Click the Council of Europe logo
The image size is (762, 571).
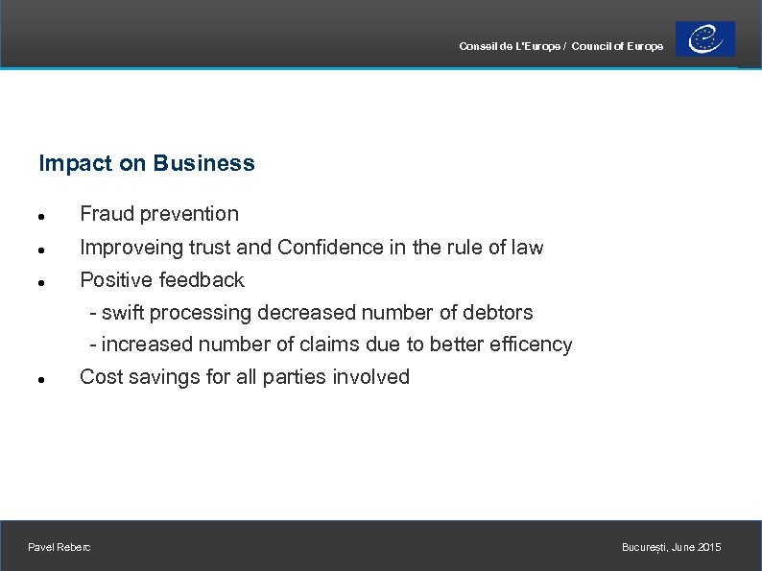pos(705,39)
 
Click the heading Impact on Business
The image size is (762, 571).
pos(147,163)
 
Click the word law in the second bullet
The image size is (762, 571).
pos(527,248)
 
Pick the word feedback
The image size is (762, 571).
pos(202,280)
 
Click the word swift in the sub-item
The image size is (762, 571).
pos(123,313)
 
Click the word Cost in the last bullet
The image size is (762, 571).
pos(100,377)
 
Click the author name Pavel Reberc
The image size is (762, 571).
pos(60,547)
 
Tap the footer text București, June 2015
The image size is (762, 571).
pos(671,547)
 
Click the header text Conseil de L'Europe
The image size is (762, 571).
pos(510,46)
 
